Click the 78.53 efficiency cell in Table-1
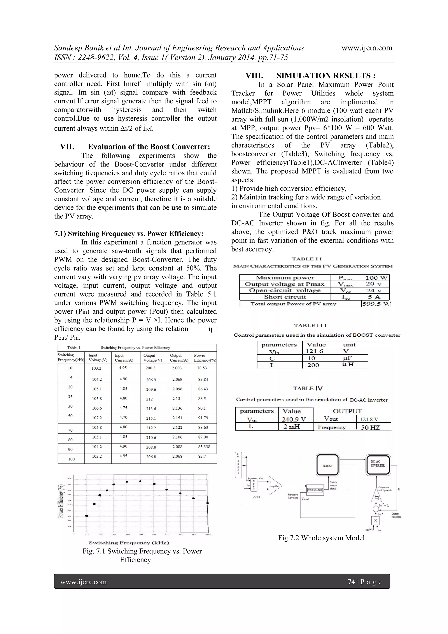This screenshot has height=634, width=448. pyautogui.click(x=202, y=368)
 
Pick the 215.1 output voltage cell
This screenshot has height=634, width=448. pyautogui.click(x=151, y=418)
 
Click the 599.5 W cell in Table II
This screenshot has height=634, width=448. pyautogui.click(x=375, y=304)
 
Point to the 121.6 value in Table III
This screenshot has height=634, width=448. pyautogui.click(x=314, y=351)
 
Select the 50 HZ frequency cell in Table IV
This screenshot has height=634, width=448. pyautogui.click(x=370, y=427)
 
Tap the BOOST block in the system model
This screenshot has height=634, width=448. pyautogui.click(x=327, y=465)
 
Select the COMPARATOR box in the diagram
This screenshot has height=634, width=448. pyautogui.click(x=315, y=490)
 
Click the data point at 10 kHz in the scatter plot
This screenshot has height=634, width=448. pyautogui.click(x=87, y=516)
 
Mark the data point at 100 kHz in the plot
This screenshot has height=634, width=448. pyautogui.click(x=208, y=503)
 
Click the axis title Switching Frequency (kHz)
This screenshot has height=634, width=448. pyautogui.click(x=129, y=543)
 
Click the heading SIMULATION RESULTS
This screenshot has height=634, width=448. pyautogui.click(x=326, y=76)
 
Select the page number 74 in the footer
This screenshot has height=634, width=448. pyautogui.click(x=351, y=582)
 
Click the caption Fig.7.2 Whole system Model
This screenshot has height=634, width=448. pyautogui.click(x=321, y=538)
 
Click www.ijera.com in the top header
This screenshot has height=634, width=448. pyautogui.click(x=367, y=48)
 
